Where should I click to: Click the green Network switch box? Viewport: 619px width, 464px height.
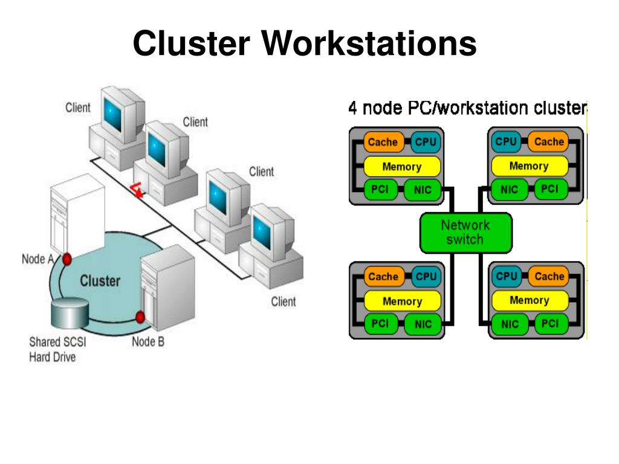pyautogui.click(x=466, y=233)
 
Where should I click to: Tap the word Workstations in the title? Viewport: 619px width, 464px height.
pyautogui.click(x=369, y=43)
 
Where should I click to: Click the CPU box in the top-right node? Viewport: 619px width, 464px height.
pyautogui.click(x=506, y=141)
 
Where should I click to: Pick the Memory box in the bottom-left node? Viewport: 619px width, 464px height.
pyautogui.click(x=402, y=301)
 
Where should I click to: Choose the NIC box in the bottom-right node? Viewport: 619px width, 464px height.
pyautogui.click(x=510, y=324)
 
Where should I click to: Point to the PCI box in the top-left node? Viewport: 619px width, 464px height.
pyautogui.click(x=380, y=190)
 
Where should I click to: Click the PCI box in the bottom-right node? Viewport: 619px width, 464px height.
pyautogui.click(x=550, y=324)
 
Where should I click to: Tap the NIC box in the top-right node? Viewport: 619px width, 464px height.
pyautogui.click(x=509, y=190)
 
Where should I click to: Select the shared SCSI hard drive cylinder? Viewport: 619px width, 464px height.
pyautogui.click(x=70, y=314)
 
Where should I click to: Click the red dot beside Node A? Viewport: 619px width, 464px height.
pyautogui.click(x=66, y=259)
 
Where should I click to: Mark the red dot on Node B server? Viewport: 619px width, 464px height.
pyautogui.click(x=140, y=317)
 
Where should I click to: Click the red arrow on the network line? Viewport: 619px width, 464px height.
pyautogui.click(x=137, y=190)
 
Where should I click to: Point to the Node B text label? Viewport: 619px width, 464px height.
pyautogui.click(x=148, y=342)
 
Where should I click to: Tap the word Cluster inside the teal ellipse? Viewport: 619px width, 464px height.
pyautogui.click(x=100, y=281)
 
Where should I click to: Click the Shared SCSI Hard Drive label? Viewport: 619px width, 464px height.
pyautogui.click(x=57, y=349)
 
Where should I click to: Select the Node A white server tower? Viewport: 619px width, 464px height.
pyautogui.click(x=78, y=215)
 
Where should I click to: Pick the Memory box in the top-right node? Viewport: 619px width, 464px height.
pyautogui.click(x=530, y=166)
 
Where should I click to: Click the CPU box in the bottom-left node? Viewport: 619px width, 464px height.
pyautogui.click(x=426, y=277)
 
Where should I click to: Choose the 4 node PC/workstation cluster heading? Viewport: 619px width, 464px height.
pyautogui.click(x=468, y=108)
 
